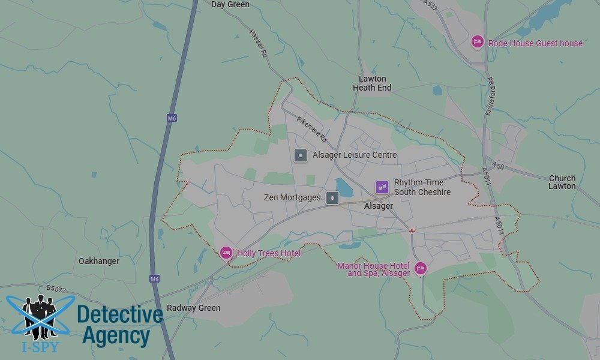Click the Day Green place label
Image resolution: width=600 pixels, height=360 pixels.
point(230,5)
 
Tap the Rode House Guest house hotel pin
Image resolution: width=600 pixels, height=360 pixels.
point(477,41)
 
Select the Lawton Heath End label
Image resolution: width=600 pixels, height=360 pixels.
point(372,83)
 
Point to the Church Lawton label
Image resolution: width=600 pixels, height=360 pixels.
point(562,182)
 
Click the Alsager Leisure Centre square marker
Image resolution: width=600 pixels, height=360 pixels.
point(301,155)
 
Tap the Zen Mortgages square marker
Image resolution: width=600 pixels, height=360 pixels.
point(332,197)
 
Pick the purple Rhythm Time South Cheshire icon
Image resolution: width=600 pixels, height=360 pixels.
point(382,187)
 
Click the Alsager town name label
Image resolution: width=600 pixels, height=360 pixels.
point(379,206)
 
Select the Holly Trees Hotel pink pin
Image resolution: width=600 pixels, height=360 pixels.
point(226,253)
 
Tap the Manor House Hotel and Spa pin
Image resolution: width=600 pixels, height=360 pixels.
point(421,268)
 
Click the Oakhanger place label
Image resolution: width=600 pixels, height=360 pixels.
point(99,261)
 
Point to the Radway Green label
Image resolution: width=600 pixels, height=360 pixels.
point(193,308)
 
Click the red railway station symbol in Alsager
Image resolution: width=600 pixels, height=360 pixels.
point(412,230)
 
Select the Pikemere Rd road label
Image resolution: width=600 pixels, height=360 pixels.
point(311,128)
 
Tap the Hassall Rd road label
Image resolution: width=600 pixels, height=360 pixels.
point(257,43)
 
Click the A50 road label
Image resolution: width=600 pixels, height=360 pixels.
point(497,165)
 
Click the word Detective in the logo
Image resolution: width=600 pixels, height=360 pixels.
point(120,314)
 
